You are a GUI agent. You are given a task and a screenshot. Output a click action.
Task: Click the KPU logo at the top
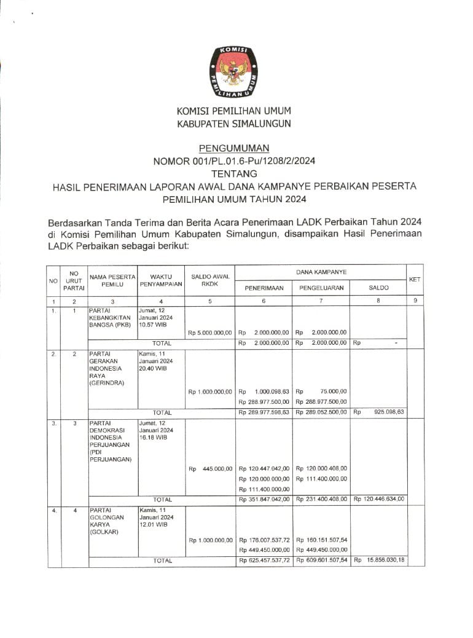(x=233, y=73)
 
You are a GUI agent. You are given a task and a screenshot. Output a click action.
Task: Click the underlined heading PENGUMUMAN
(x=233, y=148)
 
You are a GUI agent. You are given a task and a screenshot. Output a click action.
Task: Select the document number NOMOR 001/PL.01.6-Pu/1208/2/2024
(x=233, y=161)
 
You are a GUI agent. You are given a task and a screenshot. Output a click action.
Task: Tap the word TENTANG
(x=233, y=174)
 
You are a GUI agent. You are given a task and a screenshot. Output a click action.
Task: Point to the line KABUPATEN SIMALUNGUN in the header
(x=233, y=123)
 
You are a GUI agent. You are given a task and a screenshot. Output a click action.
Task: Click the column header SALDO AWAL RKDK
(x=210, y=280)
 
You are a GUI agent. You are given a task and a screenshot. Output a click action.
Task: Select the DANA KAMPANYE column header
(x=321, y=271)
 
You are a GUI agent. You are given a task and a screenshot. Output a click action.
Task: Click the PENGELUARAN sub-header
(x=321, y=288)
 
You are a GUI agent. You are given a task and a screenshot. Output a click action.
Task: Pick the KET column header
(x=415, y=279)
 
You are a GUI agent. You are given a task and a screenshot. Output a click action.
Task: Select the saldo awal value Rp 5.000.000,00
(x=210, y=333)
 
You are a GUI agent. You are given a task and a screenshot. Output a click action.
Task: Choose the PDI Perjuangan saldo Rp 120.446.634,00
(x=378, y=499)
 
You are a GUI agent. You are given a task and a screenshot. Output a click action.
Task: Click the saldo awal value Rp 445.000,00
(x=210, y=469)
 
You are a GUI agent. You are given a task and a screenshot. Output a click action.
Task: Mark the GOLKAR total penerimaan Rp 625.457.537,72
(x=264, y=561)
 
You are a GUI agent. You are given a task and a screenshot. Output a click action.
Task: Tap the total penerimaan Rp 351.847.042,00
(x=264, y=499)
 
